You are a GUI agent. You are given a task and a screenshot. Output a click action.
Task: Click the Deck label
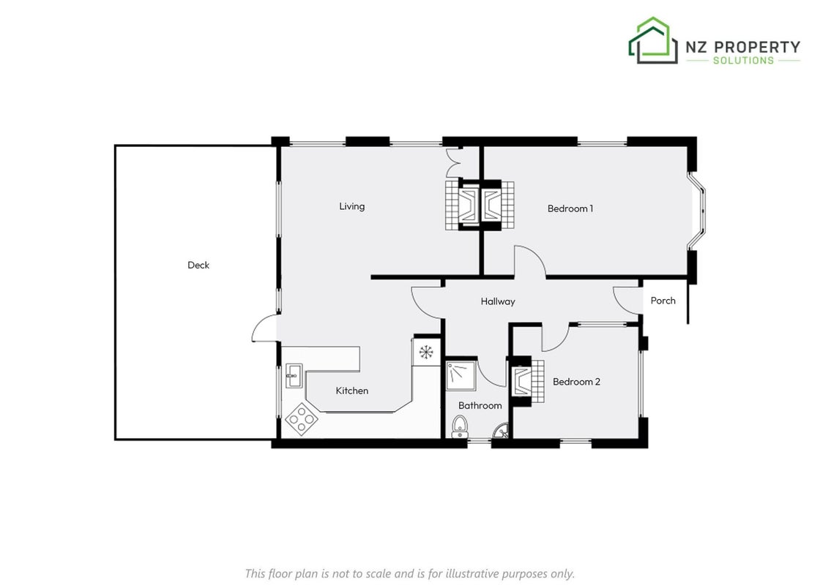point(198,265)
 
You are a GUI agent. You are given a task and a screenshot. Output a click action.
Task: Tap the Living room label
point(352,206)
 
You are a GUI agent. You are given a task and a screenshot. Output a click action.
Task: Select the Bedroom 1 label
point(570,208)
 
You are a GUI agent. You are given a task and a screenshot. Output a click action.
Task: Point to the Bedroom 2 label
point(576,382)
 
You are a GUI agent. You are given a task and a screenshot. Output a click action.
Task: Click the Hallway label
point(498,301)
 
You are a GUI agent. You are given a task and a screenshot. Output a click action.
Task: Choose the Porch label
point(663,301)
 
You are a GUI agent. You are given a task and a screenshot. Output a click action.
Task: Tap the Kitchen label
point(352,390)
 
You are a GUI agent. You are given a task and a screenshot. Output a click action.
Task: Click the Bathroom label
point(480,405)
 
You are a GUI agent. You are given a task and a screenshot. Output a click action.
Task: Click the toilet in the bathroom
point(460,426)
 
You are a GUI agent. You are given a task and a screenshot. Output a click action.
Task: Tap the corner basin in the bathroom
point(501,431)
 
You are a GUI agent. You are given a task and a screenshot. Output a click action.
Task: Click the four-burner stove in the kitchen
point(301,418)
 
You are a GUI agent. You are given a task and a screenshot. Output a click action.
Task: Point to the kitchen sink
point(293,376)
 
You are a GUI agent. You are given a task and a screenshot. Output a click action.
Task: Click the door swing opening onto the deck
point(264,328)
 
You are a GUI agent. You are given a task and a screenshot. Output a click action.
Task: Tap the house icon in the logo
point(652,40)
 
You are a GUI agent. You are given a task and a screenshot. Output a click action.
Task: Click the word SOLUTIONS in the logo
point(743,60)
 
